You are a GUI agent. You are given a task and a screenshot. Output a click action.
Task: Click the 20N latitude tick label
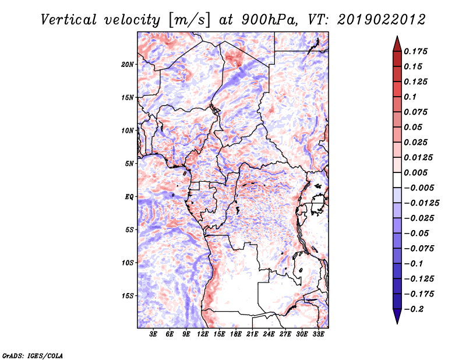pos(127,64)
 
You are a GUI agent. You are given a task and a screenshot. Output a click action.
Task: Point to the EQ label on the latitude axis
pos(129,197)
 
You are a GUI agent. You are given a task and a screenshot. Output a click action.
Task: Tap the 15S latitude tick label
pos(127,296)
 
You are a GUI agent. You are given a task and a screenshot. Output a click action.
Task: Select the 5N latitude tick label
pos(129,164)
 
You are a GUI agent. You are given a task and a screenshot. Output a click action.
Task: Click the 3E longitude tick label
pos(153,334)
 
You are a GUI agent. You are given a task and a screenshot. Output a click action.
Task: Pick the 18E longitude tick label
pos(236,334)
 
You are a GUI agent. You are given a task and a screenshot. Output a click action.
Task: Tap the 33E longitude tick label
pos(318,334)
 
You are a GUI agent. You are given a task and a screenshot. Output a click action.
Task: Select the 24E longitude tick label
pos(269,334)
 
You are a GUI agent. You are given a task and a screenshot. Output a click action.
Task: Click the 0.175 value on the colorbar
pos(415,51)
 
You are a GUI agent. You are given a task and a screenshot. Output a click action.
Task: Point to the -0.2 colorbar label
pos(414,309)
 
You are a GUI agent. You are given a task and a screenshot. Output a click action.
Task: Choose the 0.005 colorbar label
pos(415,172)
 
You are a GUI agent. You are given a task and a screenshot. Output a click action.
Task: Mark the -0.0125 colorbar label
pos(421,203)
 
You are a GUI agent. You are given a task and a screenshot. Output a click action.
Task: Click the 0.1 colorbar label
pos(410,97)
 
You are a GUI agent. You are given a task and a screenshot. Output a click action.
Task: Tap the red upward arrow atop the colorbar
pos(397,44)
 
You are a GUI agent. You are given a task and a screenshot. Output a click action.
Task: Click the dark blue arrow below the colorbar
pos(397,316)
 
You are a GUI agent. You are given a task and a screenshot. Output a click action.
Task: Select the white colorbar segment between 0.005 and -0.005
pos(397,180)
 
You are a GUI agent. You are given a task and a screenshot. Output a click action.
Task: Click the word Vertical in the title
pos(68,20)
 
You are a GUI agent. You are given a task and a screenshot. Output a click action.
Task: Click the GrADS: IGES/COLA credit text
pos(33,355)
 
